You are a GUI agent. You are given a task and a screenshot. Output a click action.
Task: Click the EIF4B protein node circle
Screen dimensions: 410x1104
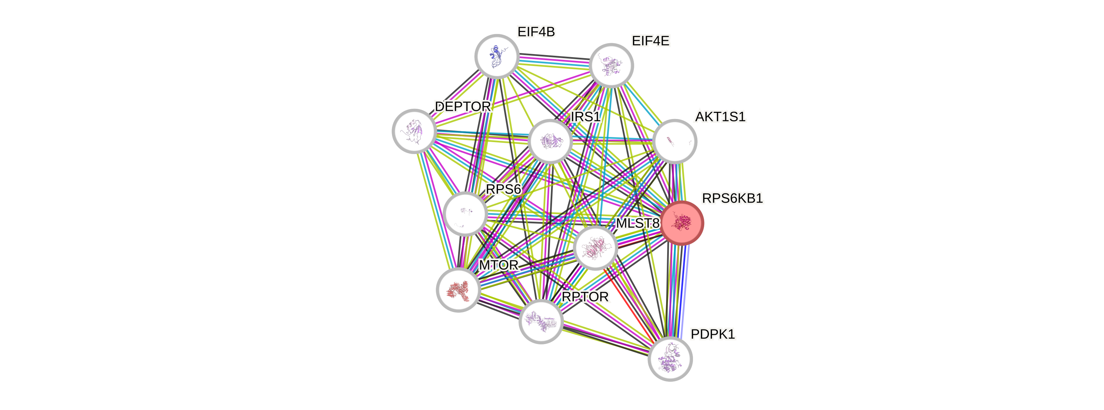[497, 56]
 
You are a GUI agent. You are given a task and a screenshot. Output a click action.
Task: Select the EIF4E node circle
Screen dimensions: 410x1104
[611, 66]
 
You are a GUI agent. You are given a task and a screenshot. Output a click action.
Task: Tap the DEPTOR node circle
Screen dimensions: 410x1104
[414, 131]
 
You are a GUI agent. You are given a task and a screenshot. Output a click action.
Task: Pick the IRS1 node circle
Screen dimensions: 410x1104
[550, 141]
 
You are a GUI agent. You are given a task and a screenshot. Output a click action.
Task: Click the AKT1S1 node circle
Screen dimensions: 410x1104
[675, 141]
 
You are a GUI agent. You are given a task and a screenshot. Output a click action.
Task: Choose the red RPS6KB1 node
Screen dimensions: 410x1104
[681, 223]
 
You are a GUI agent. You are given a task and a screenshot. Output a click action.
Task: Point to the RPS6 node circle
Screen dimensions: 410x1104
[465, 213]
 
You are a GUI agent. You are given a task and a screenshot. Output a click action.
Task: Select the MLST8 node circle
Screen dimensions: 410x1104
[595, 248]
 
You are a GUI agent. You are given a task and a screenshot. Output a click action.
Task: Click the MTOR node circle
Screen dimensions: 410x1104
[458, 290]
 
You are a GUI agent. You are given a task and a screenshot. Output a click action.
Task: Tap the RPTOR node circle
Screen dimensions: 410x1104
[540, 321]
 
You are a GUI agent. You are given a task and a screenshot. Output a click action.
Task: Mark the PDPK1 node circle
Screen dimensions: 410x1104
[670, 359]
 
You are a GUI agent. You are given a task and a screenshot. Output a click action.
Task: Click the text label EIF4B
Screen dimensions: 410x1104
[536, 32]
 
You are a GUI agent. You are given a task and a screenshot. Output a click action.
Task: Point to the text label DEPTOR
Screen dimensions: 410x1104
[462, 106]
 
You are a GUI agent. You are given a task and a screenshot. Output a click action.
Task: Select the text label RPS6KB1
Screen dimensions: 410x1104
[732, 198]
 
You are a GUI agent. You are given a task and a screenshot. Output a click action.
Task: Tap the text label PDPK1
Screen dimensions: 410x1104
[713, 334]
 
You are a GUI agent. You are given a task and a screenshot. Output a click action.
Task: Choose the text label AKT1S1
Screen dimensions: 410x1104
[720, 117]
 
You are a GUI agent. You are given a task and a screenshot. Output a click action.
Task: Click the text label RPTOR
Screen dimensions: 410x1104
[585, 297]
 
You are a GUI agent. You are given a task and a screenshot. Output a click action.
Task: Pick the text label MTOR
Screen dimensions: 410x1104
[498, 265]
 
